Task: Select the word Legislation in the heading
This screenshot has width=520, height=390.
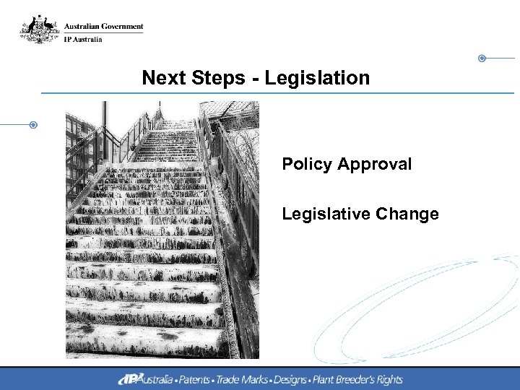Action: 317,78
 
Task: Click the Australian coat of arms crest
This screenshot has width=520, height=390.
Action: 38,30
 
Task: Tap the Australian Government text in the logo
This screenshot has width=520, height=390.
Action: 104,27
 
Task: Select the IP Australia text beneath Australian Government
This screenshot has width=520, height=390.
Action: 84,39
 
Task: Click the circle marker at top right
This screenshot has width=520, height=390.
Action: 482,58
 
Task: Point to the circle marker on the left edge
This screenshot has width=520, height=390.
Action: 33,125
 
